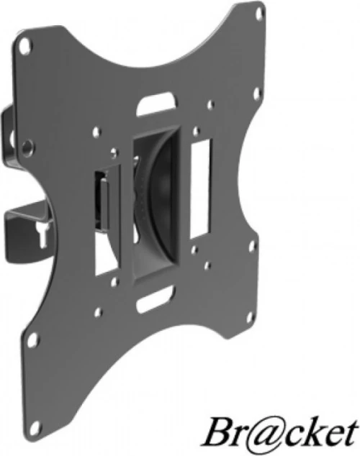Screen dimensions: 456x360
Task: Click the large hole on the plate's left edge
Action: click(27, 147)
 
